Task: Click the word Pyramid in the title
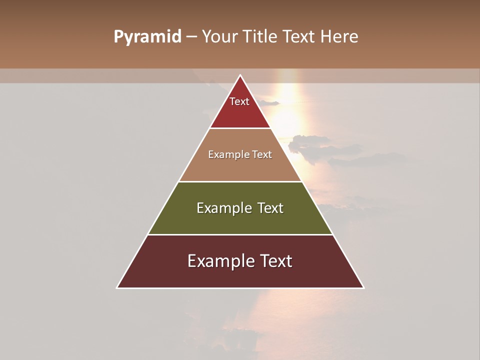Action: click(147, 37)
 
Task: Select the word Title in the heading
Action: click(261, 36)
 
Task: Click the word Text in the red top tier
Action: click(239, 101)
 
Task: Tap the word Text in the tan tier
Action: click(262, 154)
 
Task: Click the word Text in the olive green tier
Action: click(270, 208)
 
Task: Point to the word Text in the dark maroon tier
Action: click(275, 261)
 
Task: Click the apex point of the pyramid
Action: click(240, 75)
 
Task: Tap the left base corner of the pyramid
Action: click(117, 288)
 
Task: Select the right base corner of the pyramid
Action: click(363, 288)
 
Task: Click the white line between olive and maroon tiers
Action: click(240, 234)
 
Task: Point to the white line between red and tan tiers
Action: click(240, 128)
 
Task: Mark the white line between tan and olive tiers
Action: click(240, 181)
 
